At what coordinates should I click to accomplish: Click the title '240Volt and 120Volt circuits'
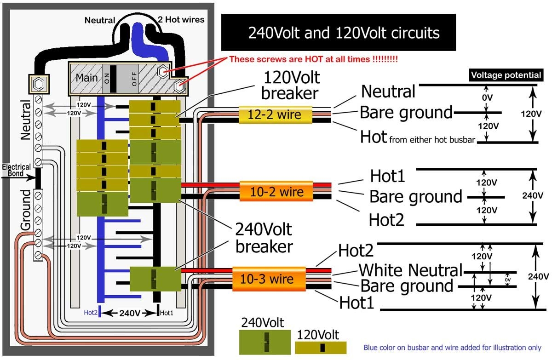coord(338,33)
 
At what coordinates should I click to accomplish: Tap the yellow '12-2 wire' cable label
coord(275,114)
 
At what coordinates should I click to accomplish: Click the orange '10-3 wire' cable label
coord(269,279)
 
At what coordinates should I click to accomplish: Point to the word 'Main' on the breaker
coord(87,77)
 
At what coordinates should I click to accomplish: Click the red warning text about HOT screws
coord(313,59)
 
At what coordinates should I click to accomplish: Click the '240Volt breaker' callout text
coord(264,238)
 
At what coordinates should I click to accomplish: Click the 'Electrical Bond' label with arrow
coord(16,170)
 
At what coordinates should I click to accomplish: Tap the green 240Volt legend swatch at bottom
coord(264,343)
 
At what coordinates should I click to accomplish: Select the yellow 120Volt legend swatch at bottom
coord(320,348)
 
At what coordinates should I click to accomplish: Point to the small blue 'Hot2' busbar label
coord(90,313)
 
